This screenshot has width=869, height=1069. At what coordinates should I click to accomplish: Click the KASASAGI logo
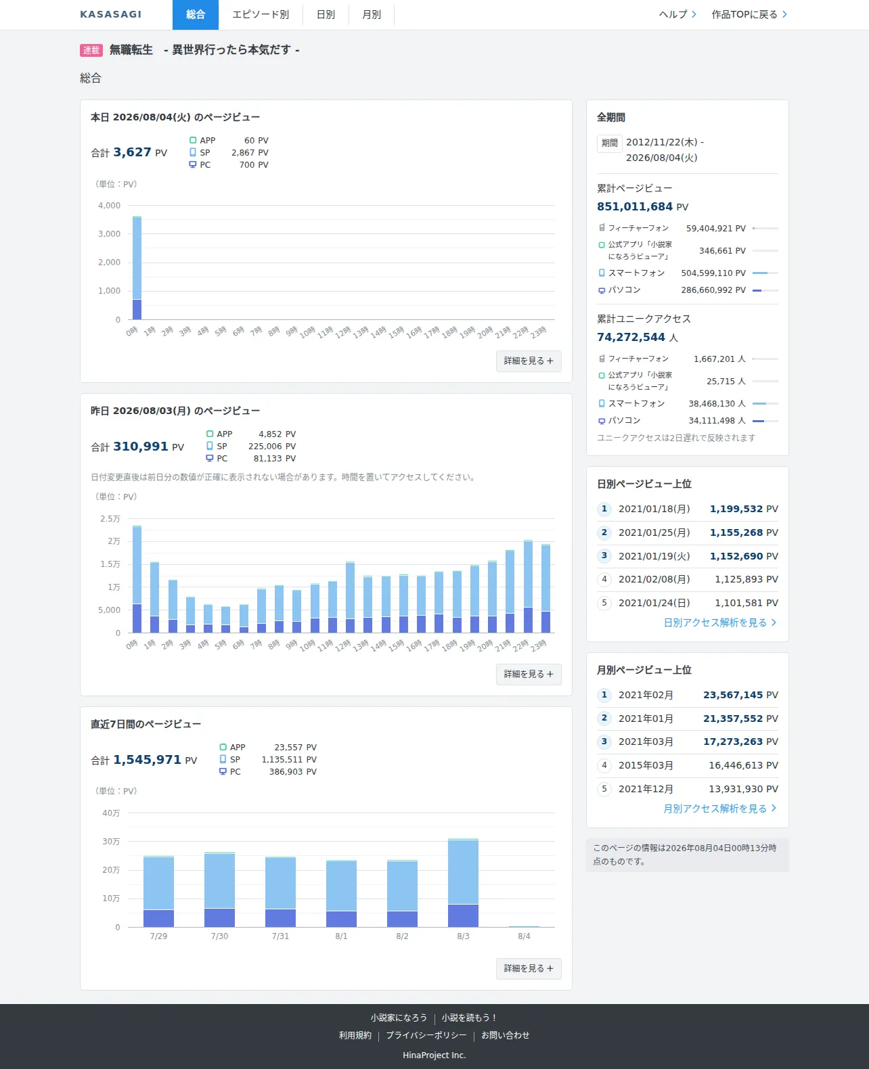(110, 14)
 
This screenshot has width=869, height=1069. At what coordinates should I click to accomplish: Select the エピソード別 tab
(261, 15)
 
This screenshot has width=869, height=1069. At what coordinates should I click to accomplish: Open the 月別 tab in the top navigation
(372, 15)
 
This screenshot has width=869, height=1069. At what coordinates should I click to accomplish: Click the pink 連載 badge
(91, 50)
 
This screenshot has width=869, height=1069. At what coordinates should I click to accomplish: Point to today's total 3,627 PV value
(132, 152)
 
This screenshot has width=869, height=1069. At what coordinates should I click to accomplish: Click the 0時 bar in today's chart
(137, 268)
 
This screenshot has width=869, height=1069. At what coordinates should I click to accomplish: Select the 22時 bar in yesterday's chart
(528, 586)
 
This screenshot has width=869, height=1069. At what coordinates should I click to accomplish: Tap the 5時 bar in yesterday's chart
(226, 620)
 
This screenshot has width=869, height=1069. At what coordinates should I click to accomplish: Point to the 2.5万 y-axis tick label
(110, 518)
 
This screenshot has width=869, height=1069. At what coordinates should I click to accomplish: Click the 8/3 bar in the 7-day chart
(463, 883)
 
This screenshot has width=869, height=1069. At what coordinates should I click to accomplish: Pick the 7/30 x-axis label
(219, 936)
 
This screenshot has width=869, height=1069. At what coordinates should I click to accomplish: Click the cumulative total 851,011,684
(635, 206)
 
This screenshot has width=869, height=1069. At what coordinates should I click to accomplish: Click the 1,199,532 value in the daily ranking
(736, 509)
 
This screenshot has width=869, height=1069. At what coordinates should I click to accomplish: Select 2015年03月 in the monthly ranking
(646, 765)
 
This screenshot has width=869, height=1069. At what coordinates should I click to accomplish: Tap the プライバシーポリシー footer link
(426, 1035)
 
